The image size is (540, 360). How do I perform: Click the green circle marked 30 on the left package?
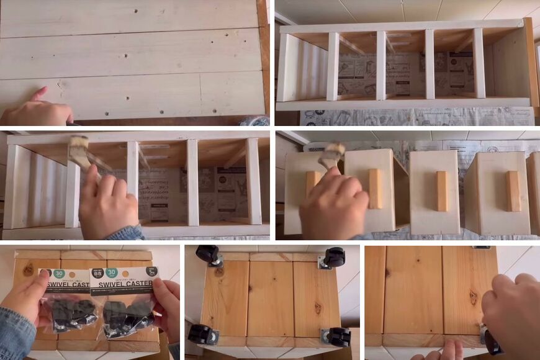pyautogui.click(x=59, y=272)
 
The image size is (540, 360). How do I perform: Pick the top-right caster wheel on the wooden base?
pyautogui.click(x=334, y=256)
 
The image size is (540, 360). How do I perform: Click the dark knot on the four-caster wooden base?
pyautogui.click(x=318, y=308)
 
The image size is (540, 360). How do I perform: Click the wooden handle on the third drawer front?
pyautogui.click(x=441, y=191)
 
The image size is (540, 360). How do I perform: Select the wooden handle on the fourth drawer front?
pyautogui.click(x=512, y=191)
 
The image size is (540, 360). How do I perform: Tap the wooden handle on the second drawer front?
pyautogui.click(x=376, y=188)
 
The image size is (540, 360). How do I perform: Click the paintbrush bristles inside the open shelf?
pyautogui.click(x=80, y=149)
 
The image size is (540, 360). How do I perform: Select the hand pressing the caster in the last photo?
pyautogui.click(x=513, y=317)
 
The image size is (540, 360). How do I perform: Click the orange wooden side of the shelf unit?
pyautogui.click(x=531, y=62)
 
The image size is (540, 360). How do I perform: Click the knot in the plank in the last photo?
pyautogui.click(x=473, y=298)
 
